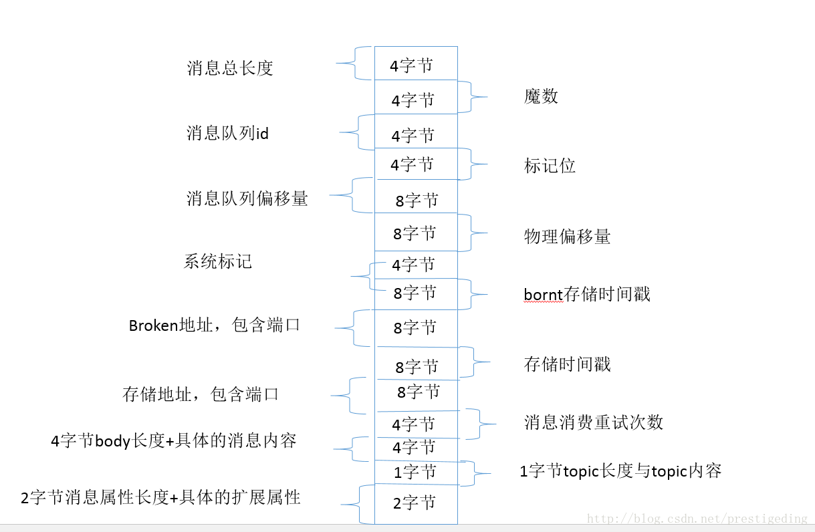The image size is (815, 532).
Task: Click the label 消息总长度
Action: pos(230,68)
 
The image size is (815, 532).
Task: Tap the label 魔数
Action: pos(541,97)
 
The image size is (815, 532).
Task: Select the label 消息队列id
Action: pos(227,134)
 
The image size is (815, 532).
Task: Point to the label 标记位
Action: pos(550,166)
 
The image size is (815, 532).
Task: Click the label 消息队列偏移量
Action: pos(247,198)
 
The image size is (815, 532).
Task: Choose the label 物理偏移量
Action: pos(567,237)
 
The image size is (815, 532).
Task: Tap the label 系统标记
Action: pos(218,261)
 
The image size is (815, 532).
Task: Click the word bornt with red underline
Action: pos(543,294)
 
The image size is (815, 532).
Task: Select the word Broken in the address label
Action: pos(152,325)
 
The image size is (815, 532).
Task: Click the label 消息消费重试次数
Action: pos(593,422)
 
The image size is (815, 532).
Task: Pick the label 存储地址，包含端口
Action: pos(201,394)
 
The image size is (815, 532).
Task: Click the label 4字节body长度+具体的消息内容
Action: pos(174,441)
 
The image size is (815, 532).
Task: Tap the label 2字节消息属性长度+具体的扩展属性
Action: pos(160,498)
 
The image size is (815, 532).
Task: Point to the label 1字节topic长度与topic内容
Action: pos(620,471)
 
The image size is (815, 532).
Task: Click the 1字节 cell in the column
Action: pos(415,473)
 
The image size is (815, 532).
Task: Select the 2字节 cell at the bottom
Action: pos(415,503)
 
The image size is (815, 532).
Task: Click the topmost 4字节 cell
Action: pos(411,65)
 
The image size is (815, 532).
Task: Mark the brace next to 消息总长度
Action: pos(352,63)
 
